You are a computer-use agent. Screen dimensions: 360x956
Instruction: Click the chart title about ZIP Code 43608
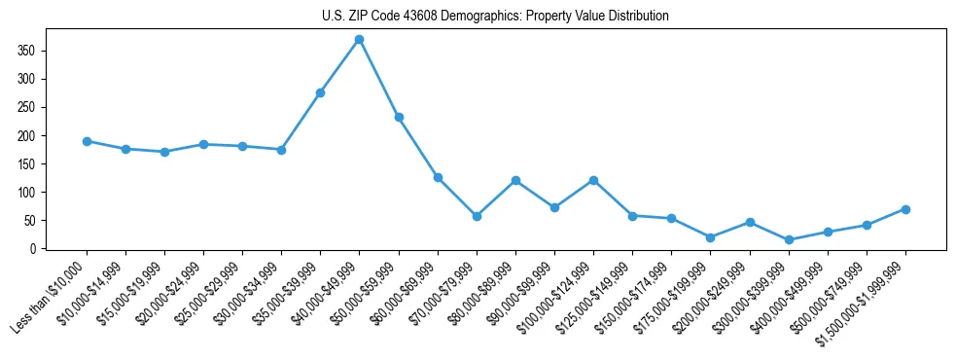[x=495, y=16]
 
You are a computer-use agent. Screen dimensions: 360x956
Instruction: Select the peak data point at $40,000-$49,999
[x=359, y=40]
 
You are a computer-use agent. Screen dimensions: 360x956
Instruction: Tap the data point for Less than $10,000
[x=87, y=141]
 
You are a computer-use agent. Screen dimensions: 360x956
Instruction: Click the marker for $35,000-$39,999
[x=320, y=92]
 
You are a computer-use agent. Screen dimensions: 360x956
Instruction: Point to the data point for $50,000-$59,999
[x=399, y=117]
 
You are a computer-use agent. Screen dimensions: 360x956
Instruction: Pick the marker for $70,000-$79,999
[x=477, y=216]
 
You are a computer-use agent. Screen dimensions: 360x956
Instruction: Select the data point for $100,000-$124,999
[x=593, y=180]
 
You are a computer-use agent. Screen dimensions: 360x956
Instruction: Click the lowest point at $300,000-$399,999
[x=789, y=239]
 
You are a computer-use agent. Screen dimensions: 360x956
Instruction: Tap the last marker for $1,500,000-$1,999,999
[x=905, y=209]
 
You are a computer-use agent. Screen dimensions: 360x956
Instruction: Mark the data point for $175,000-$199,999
[x=711, y=237]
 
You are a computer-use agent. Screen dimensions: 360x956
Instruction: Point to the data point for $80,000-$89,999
[x=515, y=181]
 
